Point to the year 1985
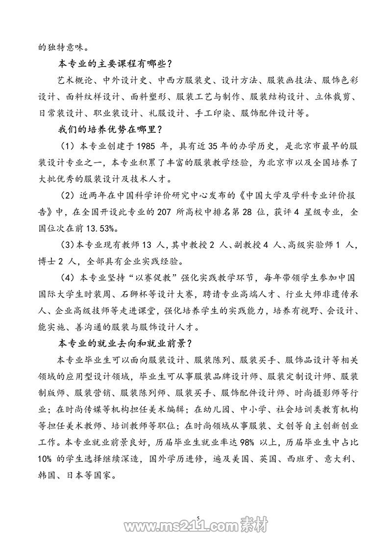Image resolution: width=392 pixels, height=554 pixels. click(148, 147)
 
